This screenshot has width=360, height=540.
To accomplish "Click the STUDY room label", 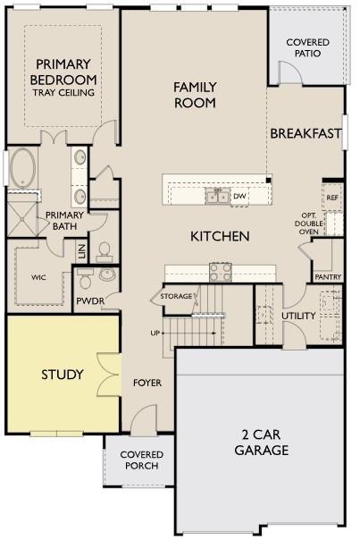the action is (63, 375).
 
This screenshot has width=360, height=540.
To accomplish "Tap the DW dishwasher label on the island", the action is (239, 196).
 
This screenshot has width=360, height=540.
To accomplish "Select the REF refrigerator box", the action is (332, 198).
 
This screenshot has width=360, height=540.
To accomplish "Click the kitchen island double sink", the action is (217, 197).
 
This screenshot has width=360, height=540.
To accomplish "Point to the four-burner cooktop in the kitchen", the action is (221, 272).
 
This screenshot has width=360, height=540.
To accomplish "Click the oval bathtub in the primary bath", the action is (22, 168).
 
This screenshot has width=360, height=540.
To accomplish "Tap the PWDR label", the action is (90, 301).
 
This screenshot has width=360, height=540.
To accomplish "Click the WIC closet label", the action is (38, 277).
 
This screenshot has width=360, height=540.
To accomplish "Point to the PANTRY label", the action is (328, 277).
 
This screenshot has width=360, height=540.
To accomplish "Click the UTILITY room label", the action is (298, 316).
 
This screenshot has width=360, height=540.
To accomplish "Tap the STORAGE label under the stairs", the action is (176, 296).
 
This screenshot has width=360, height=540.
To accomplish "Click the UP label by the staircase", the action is (155, 333).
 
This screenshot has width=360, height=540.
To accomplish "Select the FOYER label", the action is (147, 383).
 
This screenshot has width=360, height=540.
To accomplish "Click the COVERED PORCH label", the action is (141, 460).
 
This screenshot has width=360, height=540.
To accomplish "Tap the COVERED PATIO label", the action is (307, 48).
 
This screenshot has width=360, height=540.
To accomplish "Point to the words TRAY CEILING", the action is (63, 92).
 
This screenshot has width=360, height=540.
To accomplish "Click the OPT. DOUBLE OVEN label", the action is (309, 224).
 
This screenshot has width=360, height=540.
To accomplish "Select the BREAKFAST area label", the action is (306, 133).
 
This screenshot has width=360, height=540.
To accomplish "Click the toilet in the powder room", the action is (85, 279).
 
